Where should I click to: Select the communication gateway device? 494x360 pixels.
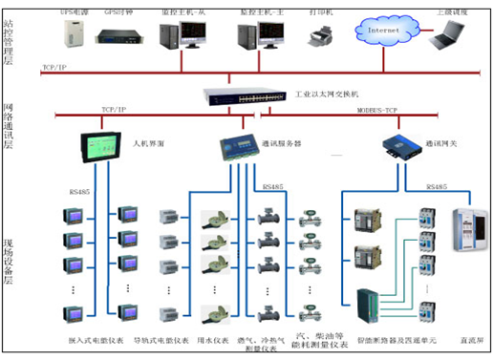[397, 145]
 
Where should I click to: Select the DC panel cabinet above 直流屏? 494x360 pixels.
[468, 231]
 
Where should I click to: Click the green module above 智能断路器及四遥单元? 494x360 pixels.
[369, 305]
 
